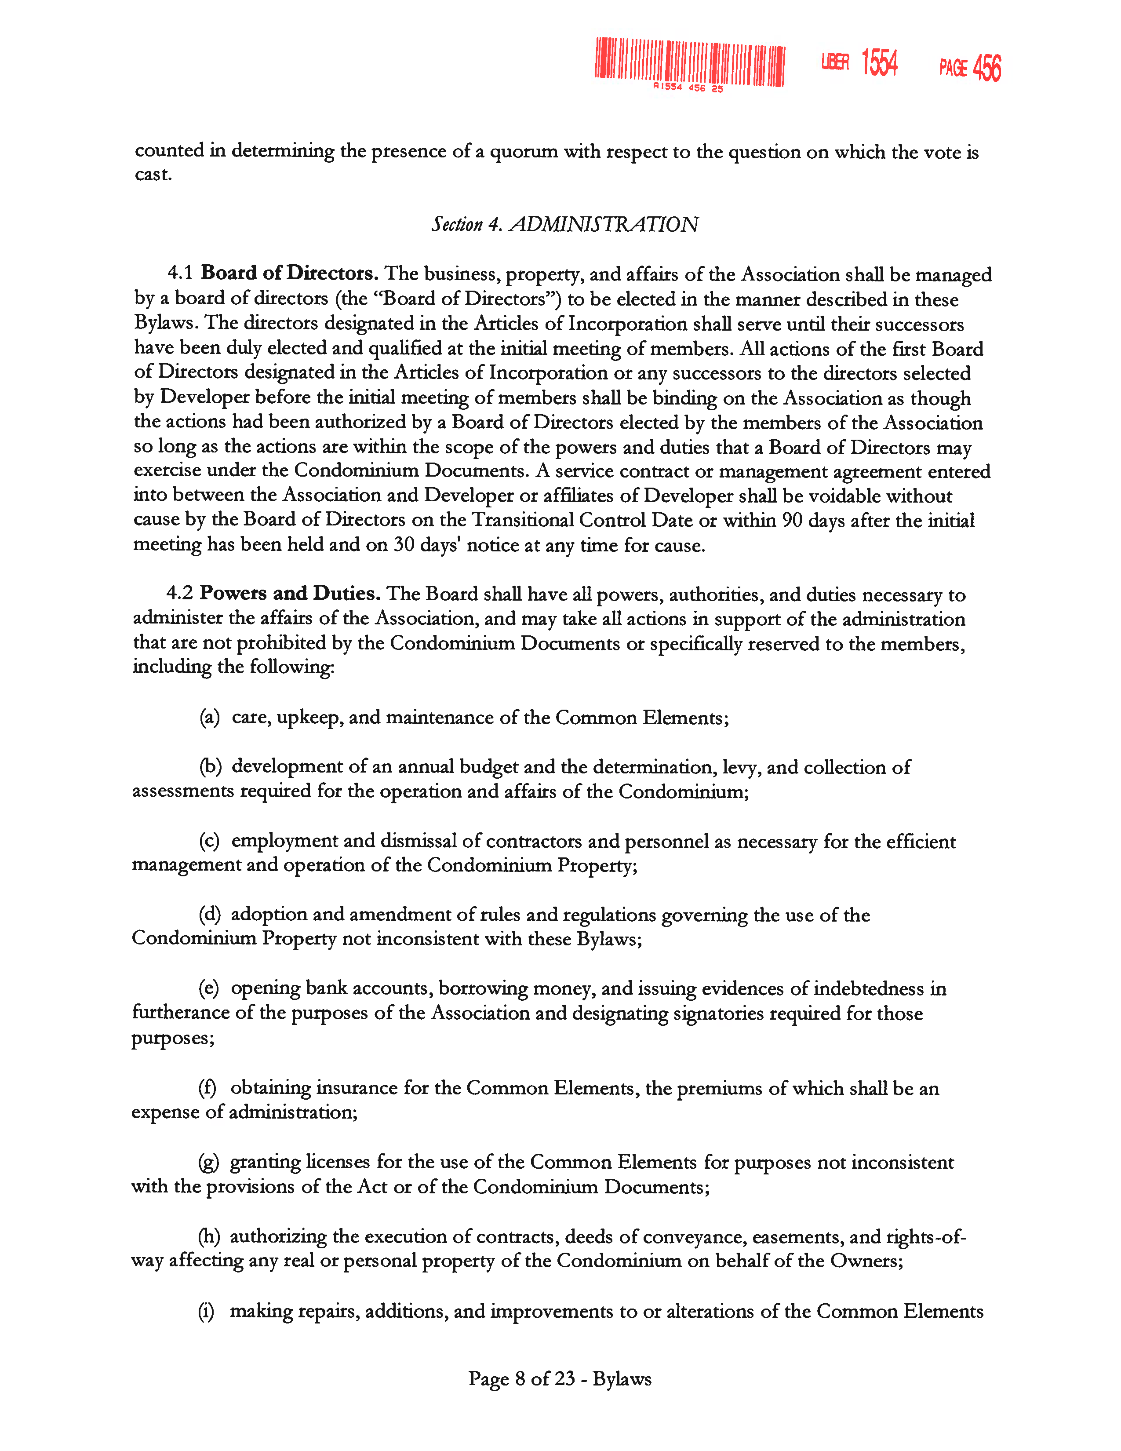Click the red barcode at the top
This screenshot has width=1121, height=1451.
pos(689,62)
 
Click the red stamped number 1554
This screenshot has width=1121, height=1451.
pos(879,63)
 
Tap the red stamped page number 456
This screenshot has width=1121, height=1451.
pos(987,68)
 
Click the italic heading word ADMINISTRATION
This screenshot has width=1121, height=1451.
pos(603,225)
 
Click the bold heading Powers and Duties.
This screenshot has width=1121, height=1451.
pos(290,593)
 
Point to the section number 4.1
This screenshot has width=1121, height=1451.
pos(179,273)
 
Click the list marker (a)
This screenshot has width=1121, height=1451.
pos(209,718)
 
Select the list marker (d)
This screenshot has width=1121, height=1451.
pos(209,915)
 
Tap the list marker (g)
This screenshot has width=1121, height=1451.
pos(208,1163)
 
